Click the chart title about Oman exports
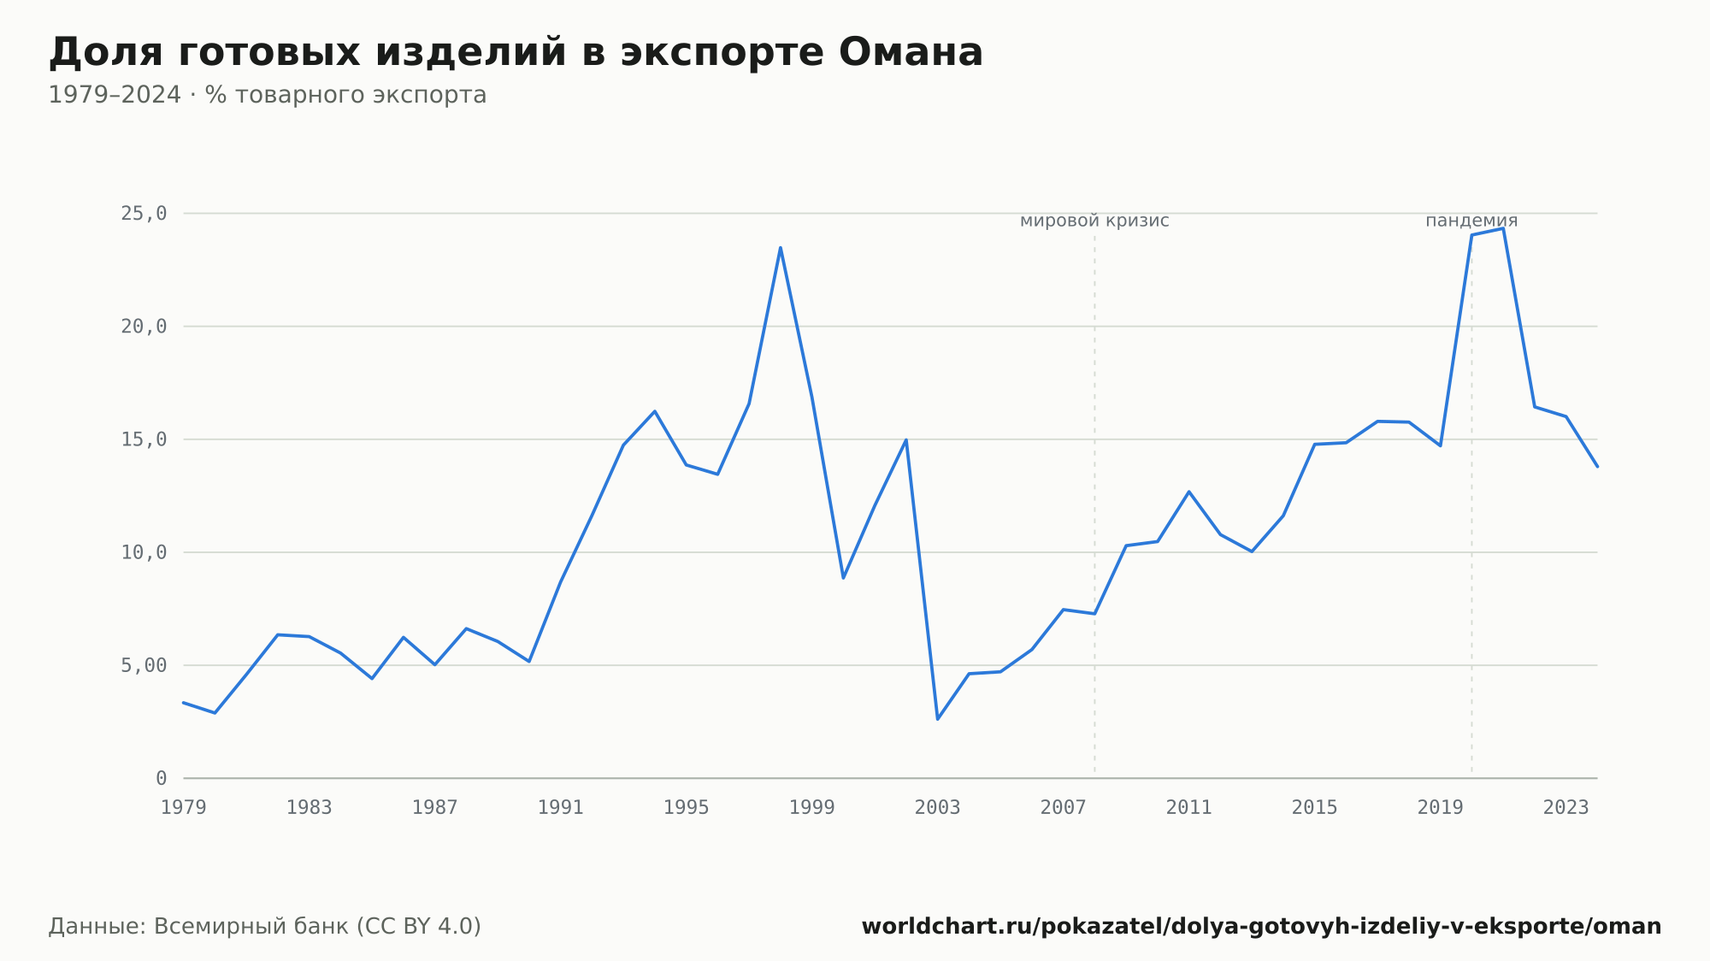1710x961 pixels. (516, 52)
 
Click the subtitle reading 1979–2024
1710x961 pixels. (268, 95)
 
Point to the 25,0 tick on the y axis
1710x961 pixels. (144, 214)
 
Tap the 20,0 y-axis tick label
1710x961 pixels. (144, 327)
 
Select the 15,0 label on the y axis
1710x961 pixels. (144, 439)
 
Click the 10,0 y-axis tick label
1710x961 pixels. (144, 552)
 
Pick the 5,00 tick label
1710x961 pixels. (144, 665)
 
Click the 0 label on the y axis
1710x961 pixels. (161, 778)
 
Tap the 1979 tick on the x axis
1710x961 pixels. (184, 808)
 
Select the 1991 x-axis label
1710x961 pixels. (561, 808)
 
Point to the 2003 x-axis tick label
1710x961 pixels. (938, 808)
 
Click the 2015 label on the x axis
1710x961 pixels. (1315, 808)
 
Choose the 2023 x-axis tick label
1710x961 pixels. (1566, 808)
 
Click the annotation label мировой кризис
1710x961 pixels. (1094, 221)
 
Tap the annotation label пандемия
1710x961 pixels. (1471, 221)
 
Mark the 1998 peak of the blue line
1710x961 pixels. (781, 248)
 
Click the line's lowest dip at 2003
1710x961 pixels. (938, 719)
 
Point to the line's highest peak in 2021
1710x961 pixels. (1503, 228)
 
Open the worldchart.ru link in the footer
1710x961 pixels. (1261, 927)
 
